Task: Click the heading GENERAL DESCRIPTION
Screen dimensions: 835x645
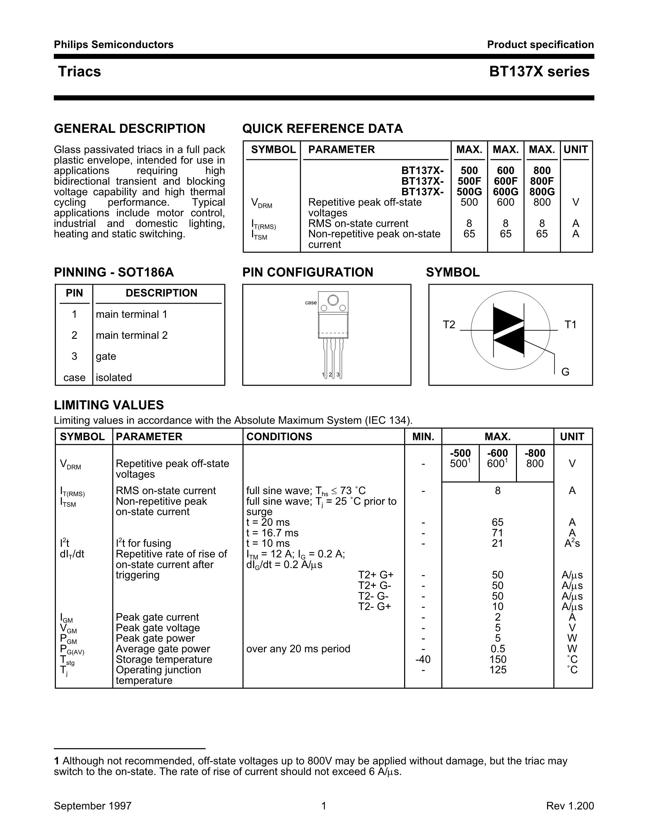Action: (x=129, y=128)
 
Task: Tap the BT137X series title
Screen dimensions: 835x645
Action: (x=539, y=72)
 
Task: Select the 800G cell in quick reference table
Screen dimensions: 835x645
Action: (x=542, y=191)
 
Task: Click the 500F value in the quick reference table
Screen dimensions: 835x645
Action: (x=469, y=181)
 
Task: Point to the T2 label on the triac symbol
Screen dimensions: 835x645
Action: (x=449, y=325)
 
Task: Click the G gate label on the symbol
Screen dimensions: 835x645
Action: (x=565, y=372)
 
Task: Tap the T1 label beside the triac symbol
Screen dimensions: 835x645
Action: (x=570, y=325)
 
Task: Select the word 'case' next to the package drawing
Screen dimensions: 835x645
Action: (x=311, y=302)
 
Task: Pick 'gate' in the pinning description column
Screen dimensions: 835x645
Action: (x=106, y=356)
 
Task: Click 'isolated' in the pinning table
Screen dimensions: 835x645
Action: (x=114, y=378)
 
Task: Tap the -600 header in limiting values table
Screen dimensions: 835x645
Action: (x=498, y=453)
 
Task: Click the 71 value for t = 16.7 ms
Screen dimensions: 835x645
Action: (x=498, y=533)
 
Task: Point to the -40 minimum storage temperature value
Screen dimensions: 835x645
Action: (x=423, y=659)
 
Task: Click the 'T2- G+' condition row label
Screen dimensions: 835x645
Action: (x=374, y=606)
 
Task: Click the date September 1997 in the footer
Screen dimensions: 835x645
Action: (x=92, y=806)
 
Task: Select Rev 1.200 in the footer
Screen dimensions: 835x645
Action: (x=570, y=806)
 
